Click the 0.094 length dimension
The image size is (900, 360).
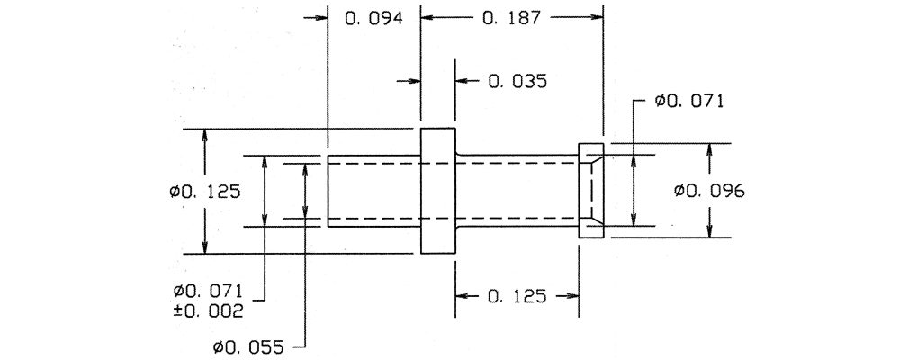click(373, 18)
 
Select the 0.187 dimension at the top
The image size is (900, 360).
click(511, 18)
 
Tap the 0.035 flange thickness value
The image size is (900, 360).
click(517, 81)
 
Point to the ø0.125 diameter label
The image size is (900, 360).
click(205, 191)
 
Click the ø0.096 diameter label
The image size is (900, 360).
click(709, 191)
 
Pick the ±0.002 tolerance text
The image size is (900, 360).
click(209, 310)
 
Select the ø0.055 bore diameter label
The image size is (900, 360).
click(248, 347)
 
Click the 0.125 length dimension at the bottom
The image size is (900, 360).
click(517, 296)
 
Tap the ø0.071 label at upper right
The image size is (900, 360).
click(688, 102)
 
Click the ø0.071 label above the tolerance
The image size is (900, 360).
click(209, 289)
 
